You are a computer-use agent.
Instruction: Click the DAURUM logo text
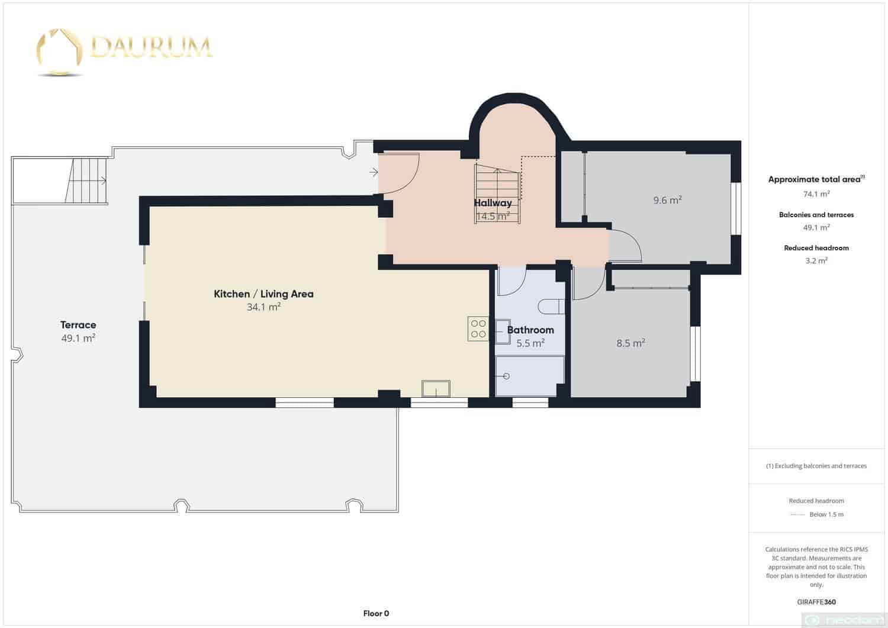tap(151, 47)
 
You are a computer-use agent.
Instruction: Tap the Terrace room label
tap(78, 325)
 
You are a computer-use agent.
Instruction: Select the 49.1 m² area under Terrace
tap(78, 339)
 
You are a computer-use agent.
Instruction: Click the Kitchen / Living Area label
tap(263, 294)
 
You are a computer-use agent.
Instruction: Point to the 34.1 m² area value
tap(263, 307)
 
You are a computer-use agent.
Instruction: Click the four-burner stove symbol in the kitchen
tap(478, 329)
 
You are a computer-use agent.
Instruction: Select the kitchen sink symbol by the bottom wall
tap(436, 389)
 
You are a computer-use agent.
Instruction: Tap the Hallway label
tap(493, 203)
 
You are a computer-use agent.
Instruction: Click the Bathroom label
tap(530, 330)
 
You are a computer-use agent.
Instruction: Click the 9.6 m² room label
tap(667, 201)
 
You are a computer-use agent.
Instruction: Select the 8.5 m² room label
tap(630, 343)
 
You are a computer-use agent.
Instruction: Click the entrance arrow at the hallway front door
tap(374, 172)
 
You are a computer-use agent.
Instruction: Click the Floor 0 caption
tap(376, 614)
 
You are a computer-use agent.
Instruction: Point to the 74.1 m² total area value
tap(816, 194)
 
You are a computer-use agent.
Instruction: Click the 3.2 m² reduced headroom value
tap(816, 260)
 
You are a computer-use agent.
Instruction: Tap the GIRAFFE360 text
tap(816, 602)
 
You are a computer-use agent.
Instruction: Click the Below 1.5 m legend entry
tap(826, 514)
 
